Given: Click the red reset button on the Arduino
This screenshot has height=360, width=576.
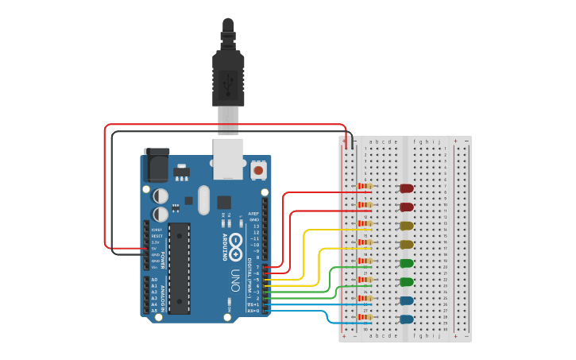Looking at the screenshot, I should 258,169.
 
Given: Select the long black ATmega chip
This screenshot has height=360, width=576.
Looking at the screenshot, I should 180,269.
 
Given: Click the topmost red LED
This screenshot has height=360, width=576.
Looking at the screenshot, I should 407,188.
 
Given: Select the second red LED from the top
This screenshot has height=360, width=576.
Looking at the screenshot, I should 407,207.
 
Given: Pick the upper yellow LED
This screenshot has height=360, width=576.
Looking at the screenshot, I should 407,226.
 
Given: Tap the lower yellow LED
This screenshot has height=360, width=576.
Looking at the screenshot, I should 407,244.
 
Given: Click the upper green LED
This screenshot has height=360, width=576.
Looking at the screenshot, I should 407,263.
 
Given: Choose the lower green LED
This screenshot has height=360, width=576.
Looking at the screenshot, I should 407,281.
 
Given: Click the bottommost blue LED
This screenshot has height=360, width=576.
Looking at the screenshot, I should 407,319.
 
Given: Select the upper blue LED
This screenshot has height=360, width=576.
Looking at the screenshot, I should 407,300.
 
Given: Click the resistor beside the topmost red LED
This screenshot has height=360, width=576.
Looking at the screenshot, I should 365,186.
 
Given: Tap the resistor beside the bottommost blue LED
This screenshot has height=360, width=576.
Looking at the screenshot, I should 365,317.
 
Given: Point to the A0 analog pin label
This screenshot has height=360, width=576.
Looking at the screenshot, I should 154,280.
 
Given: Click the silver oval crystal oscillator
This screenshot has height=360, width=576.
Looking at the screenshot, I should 203,199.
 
